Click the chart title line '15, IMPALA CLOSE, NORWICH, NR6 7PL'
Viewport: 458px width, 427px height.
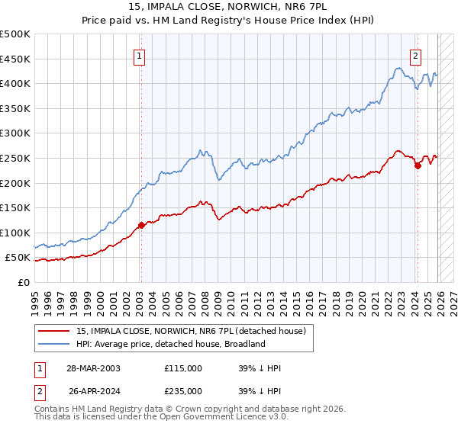click(x=229, y=8)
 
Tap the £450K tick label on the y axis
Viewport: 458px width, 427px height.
click(x=15, y=59)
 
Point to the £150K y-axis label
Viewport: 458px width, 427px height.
click(x=15, y=207)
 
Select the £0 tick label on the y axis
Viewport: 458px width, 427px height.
click(x=24, y=282)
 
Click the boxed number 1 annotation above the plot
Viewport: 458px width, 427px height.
click(x=140, y=55)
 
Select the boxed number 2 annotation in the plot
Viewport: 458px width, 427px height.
click(x=416, y=55)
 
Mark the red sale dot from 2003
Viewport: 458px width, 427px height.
click(x=141, y=225)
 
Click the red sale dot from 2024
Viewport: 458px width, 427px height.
click(x=418, y=165)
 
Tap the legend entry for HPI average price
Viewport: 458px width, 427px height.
click(x=170, y=344)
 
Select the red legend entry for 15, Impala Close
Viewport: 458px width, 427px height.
click(x=192, y=331)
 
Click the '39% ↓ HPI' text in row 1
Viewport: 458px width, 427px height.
click(x=260, y=368)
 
